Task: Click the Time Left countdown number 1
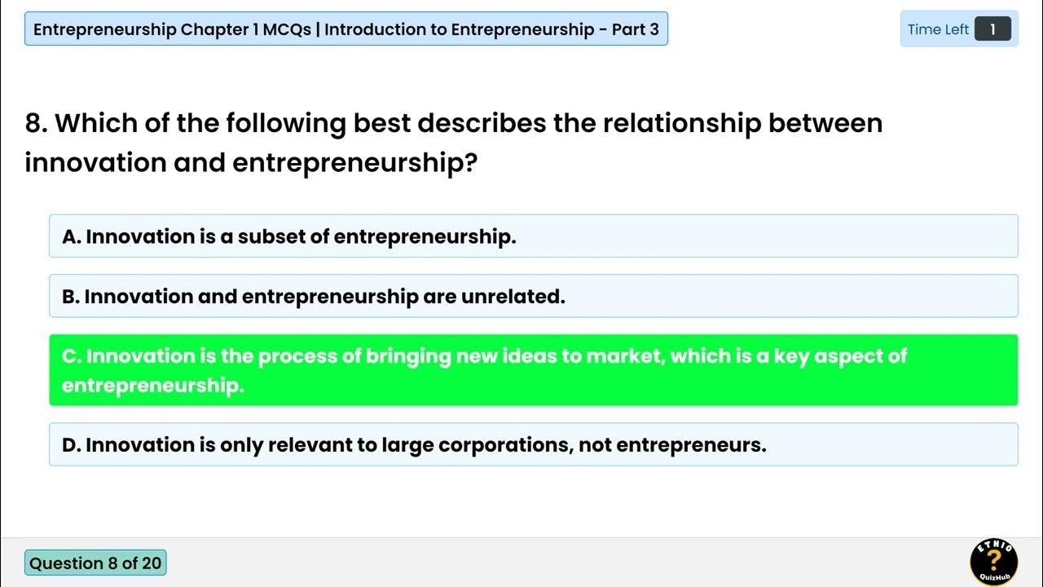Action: point(992,29)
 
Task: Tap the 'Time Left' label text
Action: point(938,29)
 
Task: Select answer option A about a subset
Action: point(533,236)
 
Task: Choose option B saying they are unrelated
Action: point(533,296)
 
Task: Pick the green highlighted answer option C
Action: point(533,370)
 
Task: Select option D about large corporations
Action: point(533,444)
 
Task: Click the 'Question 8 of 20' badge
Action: point(95,563)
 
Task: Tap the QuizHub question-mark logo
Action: point(993,562)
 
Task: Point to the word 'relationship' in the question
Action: point(681,123)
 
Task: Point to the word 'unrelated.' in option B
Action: point(513,296)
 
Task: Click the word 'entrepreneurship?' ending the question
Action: point(354,162)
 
